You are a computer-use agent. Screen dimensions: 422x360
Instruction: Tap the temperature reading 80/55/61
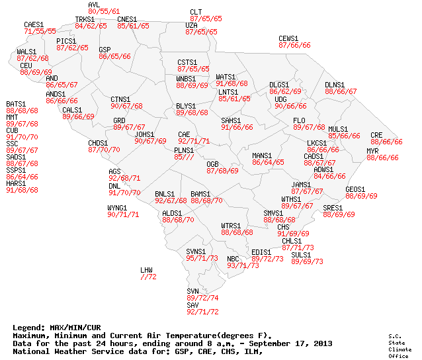pos(104,12)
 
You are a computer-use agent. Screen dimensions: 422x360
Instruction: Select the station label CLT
pos(196,12)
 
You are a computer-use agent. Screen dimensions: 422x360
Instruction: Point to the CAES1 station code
pos(34,24)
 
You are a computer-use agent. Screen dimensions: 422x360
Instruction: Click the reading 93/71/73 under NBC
pos(243,265)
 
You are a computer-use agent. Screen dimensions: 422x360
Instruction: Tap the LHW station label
pos(146,270)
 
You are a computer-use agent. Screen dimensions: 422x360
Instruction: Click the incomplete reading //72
pos(148,277)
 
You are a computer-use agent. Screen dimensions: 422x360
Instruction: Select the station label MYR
pos(372,151)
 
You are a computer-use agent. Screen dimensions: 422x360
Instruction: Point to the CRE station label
pos(376,134)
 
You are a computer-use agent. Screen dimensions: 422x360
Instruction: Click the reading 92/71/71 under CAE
pos(194,141)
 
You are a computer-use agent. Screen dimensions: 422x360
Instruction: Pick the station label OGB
pos(212,163)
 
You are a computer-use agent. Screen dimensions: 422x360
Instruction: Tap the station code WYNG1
pos(117,208)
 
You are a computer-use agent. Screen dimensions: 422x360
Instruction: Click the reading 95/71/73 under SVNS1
pos(202,258)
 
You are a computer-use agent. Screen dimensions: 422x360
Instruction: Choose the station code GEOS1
pos(356,189)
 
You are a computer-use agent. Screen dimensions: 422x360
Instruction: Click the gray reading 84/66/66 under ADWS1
pos(329,176)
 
